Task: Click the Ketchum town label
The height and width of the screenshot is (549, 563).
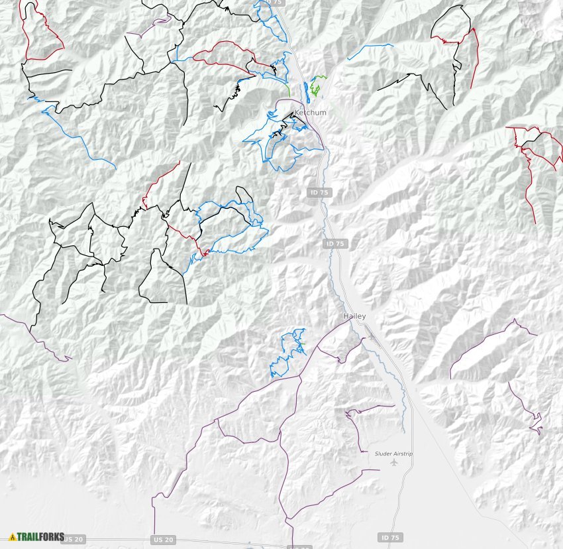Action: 310,113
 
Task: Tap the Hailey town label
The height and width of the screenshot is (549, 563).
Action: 354,316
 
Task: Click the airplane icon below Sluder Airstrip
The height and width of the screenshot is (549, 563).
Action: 394,462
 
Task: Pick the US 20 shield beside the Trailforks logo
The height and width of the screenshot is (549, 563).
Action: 76,540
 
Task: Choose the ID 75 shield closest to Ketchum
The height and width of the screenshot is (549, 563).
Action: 318,192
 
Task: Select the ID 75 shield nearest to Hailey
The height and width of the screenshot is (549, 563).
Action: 335,244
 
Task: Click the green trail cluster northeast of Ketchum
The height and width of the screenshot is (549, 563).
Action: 318,85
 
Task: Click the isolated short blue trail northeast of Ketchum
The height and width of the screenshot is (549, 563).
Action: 369,48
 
